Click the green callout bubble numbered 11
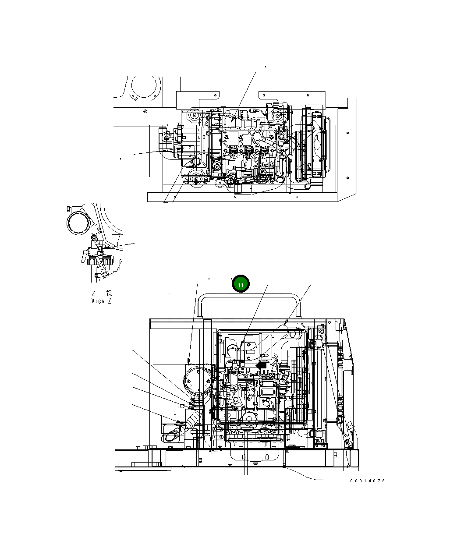click(241, 285)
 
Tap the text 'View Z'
click(101, 301)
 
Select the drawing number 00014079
click(367, 481)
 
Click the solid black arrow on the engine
click(261, 365)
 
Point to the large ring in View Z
click(79, 222)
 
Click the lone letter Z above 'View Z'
click(93, 293)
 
